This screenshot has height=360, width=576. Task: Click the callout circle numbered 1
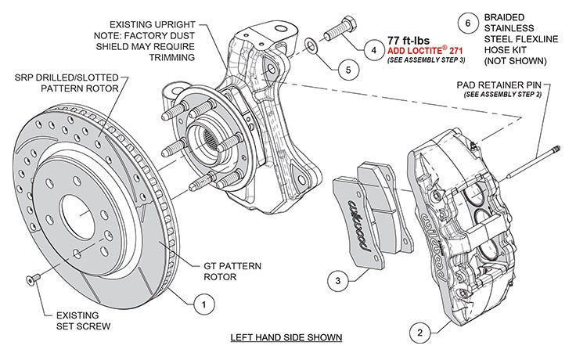point(203,300)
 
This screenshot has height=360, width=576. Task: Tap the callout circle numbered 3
point(334,279)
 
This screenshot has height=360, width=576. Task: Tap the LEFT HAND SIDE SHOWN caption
point(286,337)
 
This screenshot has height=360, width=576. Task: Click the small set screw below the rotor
point(32,280)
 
